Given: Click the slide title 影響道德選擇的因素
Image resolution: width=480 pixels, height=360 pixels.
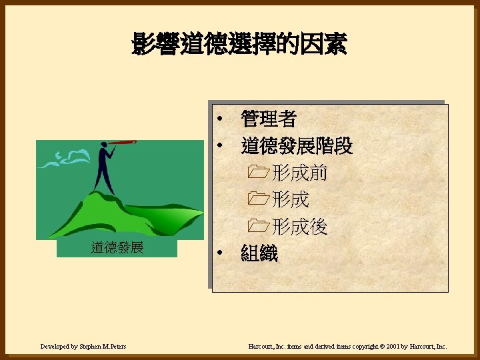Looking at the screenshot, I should pos(239,45).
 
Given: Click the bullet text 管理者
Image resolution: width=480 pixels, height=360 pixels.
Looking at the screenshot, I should pos(269,119).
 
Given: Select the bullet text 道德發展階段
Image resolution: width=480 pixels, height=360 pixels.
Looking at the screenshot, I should pos(297,146).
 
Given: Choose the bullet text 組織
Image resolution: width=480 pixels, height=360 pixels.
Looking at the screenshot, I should pos(259,254).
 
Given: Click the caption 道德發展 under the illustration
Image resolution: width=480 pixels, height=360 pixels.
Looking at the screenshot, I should pos(117,249).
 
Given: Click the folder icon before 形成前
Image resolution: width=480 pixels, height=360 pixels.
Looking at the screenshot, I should pos(256,174).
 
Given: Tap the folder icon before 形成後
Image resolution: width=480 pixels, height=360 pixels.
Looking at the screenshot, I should pos(256,227).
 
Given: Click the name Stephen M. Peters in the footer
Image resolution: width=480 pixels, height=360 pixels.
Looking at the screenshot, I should pos(103,347).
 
